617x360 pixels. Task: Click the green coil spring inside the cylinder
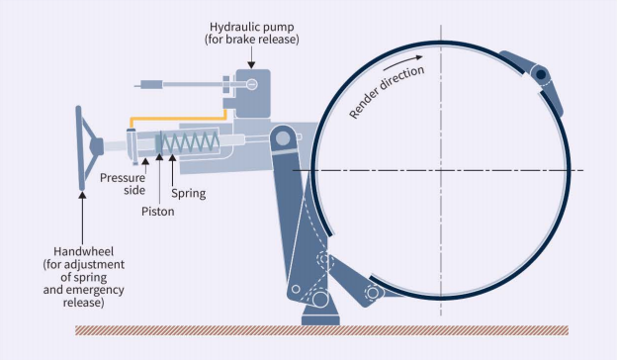[187, 145]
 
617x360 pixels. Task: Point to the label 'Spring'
[188, 193]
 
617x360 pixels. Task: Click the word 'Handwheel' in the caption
[81, 251]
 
